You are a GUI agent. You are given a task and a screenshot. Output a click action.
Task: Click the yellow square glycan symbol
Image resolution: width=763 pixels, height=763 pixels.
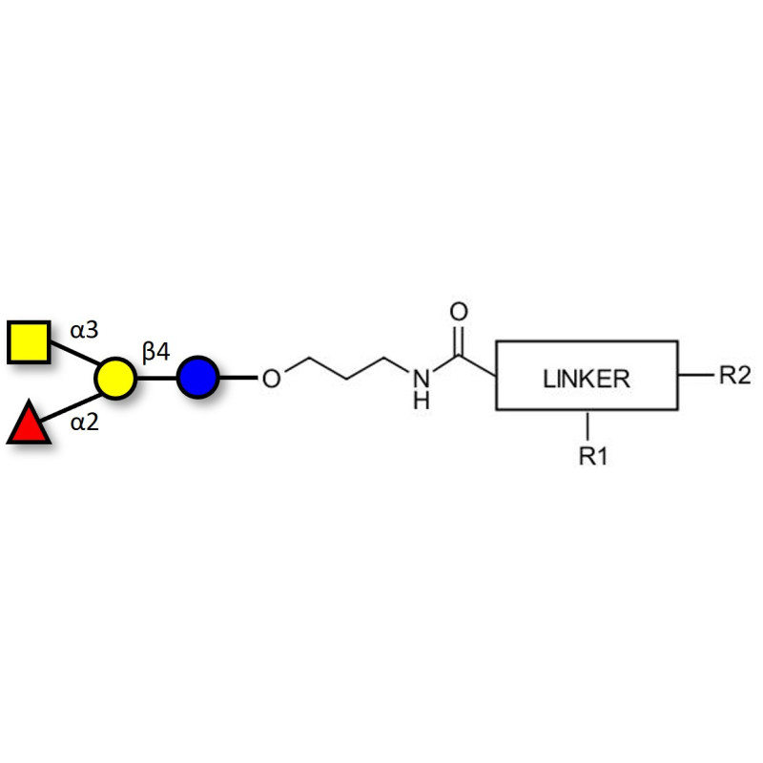(x=30, y=342)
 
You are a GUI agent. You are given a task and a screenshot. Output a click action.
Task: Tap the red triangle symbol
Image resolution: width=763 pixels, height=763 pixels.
(x=28, y=424)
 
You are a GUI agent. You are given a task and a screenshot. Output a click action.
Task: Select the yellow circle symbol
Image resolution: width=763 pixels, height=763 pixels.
(x=115, y=378)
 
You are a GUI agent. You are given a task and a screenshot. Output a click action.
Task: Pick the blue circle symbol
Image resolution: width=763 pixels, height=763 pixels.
(x=197, y=378)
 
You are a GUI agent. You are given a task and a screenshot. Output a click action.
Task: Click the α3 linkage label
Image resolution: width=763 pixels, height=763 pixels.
(x=84, y=331)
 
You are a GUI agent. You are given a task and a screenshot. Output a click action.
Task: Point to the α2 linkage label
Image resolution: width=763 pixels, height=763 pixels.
(x=86, y=422)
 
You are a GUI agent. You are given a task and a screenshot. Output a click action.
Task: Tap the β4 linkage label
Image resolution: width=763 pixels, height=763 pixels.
(x=156, y=353)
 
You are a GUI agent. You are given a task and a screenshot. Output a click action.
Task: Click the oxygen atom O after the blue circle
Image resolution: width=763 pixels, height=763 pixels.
(x=271, y=380)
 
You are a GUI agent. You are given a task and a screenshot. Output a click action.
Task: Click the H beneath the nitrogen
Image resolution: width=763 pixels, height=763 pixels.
(x=422, y=401)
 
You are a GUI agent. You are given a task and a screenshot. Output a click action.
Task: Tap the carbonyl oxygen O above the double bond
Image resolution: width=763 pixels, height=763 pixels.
(x=459, y=312)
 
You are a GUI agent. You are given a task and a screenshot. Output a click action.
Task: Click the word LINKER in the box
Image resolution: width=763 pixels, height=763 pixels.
(x=587, y=378)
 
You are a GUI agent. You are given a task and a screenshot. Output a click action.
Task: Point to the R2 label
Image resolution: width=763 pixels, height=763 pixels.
(x=734, y=375)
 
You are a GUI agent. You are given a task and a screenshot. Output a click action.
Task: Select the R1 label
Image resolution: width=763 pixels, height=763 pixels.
(x=593, y=457)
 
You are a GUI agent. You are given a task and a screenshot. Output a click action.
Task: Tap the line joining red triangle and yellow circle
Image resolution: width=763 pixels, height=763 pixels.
(x=72, y=401)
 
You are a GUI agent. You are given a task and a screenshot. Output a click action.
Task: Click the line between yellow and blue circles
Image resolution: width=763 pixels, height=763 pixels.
(x=156, y=378)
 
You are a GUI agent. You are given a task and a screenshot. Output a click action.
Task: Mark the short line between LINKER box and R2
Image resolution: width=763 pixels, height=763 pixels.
(x=695, y=375)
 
